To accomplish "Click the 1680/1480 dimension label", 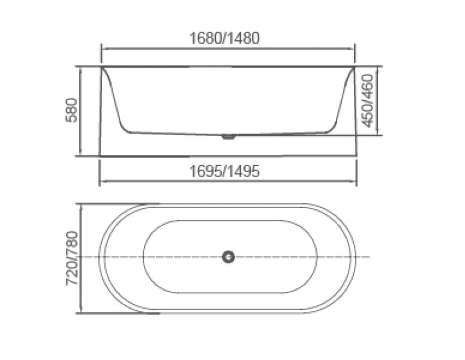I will tap(224, 38).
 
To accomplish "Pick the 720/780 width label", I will tap(73, 259).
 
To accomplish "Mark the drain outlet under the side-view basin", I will tap(228, 136).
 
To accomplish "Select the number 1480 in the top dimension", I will tap(244, 38).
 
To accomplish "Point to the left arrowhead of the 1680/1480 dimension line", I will tap(103, 49).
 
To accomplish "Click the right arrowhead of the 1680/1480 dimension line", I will tap(353, 49).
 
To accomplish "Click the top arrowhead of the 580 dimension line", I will tap(81, 69).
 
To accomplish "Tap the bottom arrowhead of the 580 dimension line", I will tap(81, 155).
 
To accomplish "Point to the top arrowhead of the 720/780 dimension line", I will tap(82, 206).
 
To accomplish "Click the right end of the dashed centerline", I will tap(369, 257).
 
